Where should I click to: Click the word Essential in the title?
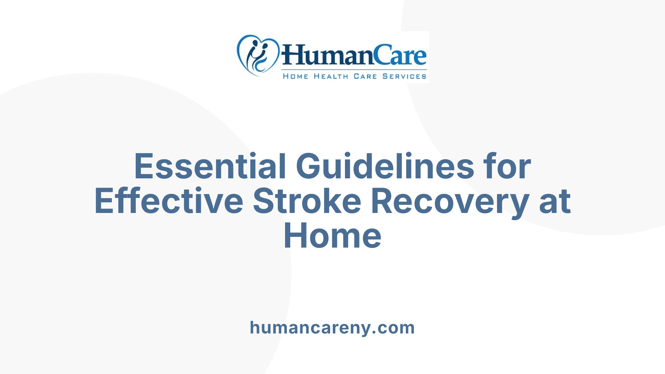[210, 167]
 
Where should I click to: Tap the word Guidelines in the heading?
[385, 167]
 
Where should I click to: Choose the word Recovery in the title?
[450, 201]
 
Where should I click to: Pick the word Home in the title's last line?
[332, 236]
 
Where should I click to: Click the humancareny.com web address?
[332, 328]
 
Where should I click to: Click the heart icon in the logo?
[258, 55]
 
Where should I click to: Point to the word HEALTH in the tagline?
[331, 76]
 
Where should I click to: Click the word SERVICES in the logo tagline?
[404, 76]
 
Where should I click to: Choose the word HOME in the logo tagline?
[295, 76]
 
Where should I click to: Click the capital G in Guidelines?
[310, 167]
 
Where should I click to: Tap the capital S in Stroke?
[265, 201]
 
